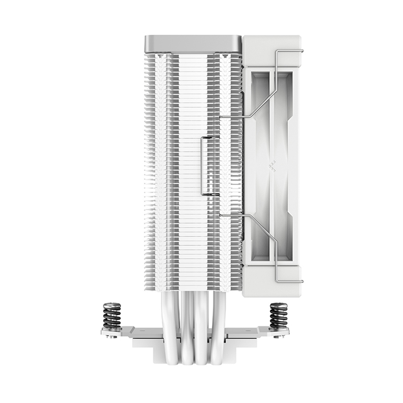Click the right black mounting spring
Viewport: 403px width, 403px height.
278,317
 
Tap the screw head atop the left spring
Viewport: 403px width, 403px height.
112,305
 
